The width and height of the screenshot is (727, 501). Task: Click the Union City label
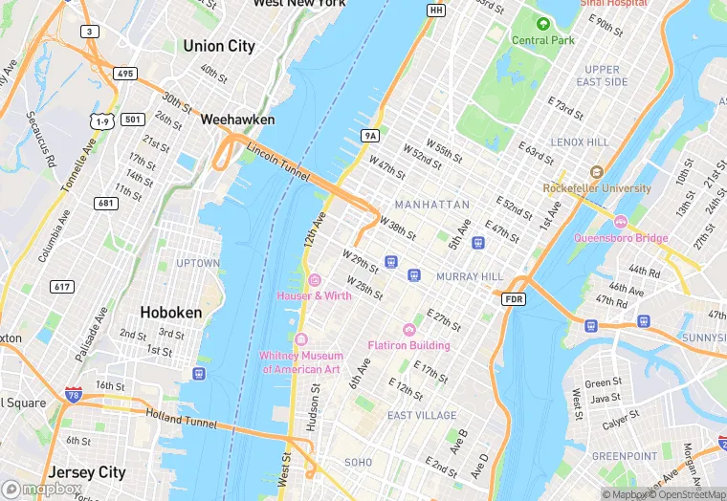click(x=218, y=46)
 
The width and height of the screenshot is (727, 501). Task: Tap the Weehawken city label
click(x=237, y=120)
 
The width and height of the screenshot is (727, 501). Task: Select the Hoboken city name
click(x=170, y=312)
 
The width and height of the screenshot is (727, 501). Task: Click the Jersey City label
click(x=87, y=472)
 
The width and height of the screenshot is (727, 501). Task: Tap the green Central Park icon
click(x=543, y=24)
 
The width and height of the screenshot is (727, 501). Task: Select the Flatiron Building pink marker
click(x=409, y=329)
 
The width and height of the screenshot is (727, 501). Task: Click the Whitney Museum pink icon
click(x=300, y=340)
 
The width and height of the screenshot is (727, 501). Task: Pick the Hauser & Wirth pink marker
click(x=315, y=279)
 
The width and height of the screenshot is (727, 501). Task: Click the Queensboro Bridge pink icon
click(x=620, y=222)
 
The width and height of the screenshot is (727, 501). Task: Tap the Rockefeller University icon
click(x=596, y=172)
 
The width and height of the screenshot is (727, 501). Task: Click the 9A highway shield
click(x=370, y=136)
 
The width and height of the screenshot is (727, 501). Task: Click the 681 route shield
click(x=104, y=203)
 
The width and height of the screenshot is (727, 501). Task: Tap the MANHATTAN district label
click(x=431, y=205)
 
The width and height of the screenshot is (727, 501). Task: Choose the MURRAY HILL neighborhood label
click(x=469, y=276)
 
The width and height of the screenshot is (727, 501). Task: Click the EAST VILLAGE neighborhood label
click(x=422, y=415)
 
